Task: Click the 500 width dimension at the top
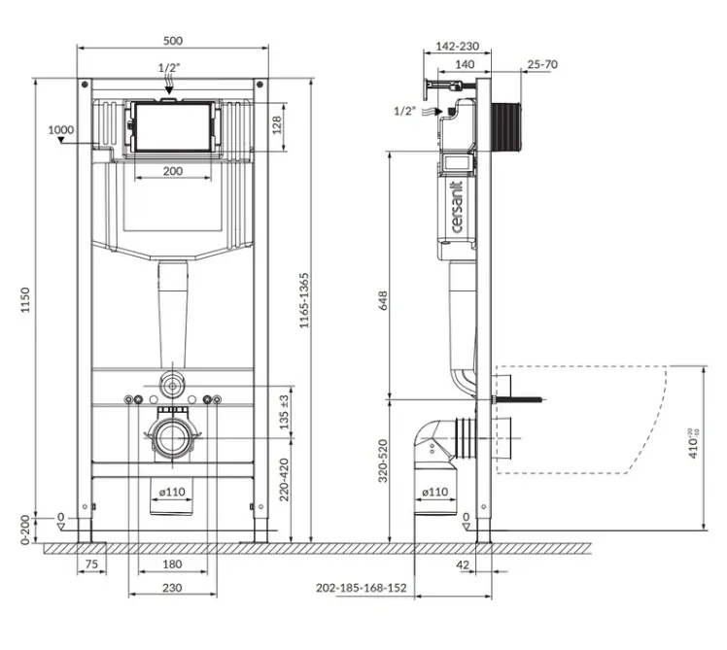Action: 173,41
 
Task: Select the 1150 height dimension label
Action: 25,300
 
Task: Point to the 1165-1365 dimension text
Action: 303,300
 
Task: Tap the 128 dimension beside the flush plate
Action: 277,125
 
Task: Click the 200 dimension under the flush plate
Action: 172,171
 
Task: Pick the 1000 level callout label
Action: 61,130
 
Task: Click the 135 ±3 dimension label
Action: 284,412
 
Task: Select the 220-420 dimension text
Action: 284,480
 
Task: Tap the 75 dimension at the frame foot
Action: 91,564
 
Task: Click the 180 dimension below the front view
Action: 172,564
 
